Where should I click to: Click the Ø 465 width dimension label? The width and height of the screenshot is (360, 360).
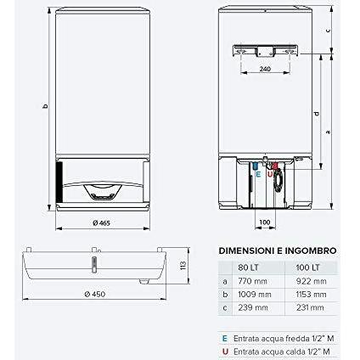(101, 223)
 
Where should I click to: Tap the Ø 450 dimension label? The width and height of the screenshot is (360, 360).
(95, 295)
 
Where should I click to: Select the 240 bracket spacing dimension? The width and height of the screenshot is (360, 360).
(265, 69)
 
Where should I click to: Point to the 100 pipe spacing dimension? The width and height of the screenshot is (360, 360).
(265, 222)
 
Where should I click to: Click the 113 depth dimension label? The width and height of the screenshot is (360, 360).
(183, 265)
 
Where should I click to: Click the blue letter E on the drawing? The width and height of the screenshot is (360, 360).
(258, 174)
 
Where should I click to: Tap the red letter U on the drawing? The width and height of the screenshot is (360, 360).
(270, 174)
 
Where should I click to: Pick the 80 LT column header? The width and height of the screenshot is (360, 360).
(249, 267)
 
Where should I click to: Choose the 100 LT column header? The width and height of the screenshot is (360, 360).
(307, 267)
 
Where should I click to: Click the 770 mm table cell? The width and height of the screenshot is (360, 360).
(253, 281)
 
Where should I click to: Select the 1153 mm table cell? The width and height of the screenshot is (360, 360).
(311, 295)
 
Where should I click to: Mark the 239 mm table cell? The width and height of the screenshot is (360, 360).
(253, 307)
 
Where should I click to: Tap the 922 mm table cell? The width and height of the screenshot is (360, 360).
(311, 281)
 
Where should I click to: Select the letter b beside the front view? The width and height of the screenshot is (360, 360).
(44, 106)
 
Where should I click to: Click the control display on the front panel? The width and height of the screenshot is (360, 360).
(102, 193)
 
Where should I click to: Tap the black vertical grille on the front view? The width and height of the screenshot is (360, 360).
(59, 182)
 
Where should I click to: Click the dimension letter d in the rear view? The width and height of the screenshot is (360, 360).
(316, 114)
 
